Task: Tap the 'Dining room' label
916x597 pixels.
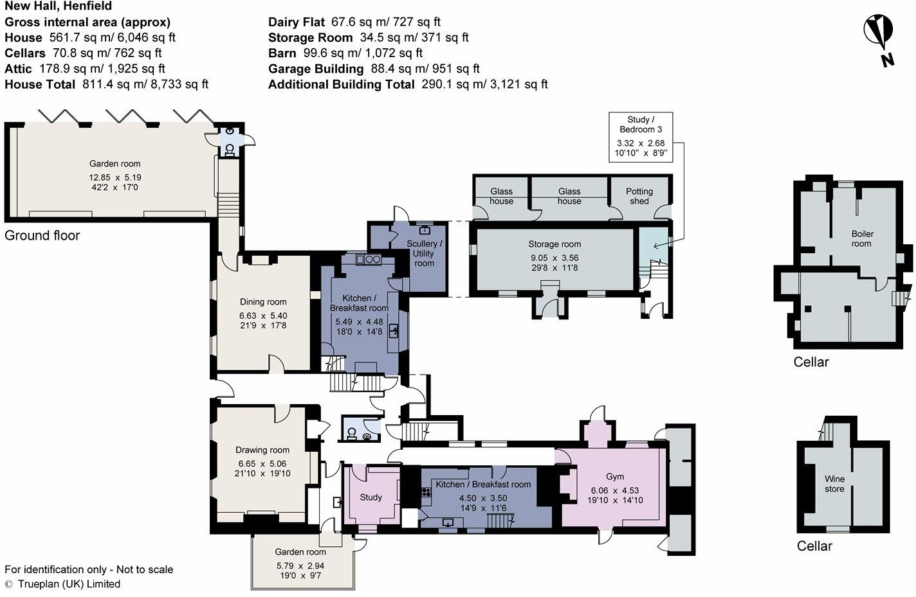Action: point(263,302)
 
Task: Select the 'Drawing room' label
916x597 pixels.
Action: point(262,450)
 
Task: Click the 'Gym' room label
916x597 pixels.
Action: point(615,477)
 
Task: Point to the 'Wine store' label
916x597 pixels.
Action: point(834,484)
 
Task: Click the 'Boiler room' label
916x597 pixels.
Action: point(861,238)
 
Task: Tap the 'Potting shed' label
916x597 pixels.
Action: point(639,196)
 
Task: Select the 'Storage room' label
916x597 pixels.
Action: point(554,244)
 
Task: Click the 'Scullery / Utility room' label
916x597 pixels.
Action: point(425,253)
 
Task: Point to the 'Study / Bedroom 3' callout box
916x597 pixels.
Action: point(641,137)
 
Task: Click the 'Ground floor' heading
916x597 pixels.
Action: point(42,236)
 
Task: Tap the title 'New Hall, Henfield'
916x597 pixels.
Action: point(58,6)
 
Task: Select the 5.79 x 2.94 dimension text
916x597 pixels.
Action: point(300,566)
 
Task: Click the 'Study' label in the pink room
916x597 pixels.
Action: point(371,497)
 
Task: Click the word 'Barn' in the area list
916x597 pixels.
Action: point(282,53)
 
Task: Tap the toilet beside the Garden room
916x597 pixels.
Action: point(229,149)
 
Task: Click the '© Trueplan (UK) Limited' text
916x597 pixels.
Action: point(62,584)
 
